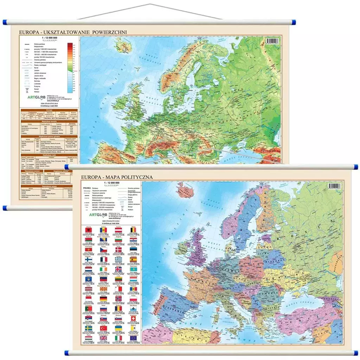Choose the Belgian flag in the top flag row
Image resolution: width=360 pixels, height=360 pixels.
[x=133, y=230]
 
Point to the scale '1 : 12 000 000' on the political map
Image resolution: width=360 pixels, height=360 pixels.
[x=110, y=184]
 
